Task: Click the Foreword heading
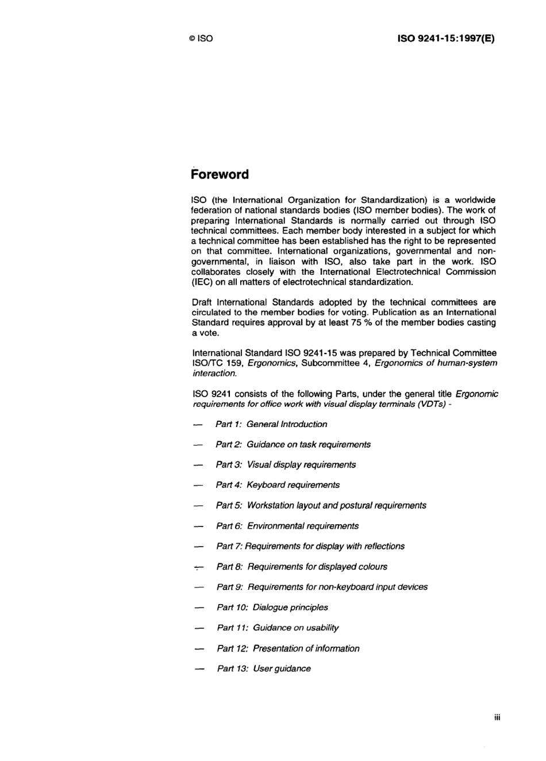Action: point(220,174)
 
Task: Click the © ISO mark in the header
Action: point(201,39)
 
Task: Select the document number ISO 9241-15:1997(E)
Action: point(446,39)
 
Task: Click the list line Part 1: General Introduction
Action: point(271,424)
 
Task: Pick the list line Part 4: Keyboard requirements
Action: point(278,485)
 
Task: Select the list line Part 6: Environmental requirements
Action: point(287,526)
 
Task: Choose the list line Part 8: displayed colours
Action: point(302,567)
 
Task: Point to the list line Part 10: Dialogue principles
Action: point(272,608)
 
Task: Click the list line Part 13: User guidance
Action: point(264,668)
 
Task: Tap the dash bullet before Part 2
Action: point(198,445)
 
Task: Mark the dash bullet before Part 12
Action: point(199,649)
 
